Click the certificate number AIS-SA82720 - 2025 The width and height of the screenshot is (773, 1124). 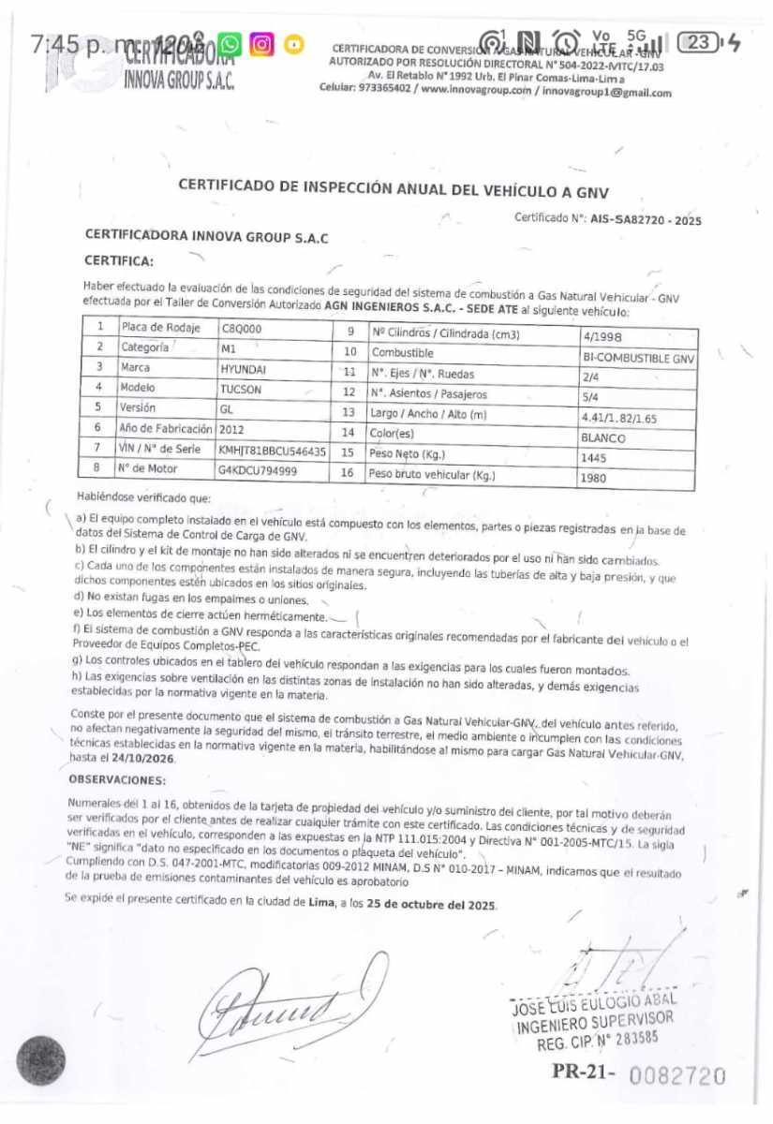646,221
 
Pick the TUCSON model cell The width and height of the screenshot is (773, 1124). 241,389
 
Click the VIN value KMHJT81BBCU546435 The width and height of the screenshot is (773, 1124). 272,451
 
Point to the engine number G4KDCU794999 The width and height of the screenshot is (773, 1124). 258,470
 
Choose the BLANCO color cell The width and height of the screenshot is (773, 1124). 604,437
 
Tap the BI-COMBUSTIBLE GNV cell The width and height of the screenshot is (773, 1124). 638,358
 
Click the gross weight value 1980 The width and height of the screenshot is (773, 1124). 596,478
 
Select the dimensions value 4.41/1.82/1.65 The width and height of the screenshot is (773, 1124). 619,418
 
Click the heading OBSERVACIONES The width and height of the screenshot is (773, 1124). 117,779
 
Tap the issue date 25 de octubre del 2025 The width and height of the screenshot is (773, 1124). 431,905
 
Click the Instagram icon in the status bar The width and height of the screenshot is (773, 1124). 262,43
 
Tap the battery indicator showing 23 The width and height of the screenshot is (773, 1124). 701,42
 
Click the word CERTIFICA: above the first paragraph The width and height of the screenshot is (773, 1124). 119,259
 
